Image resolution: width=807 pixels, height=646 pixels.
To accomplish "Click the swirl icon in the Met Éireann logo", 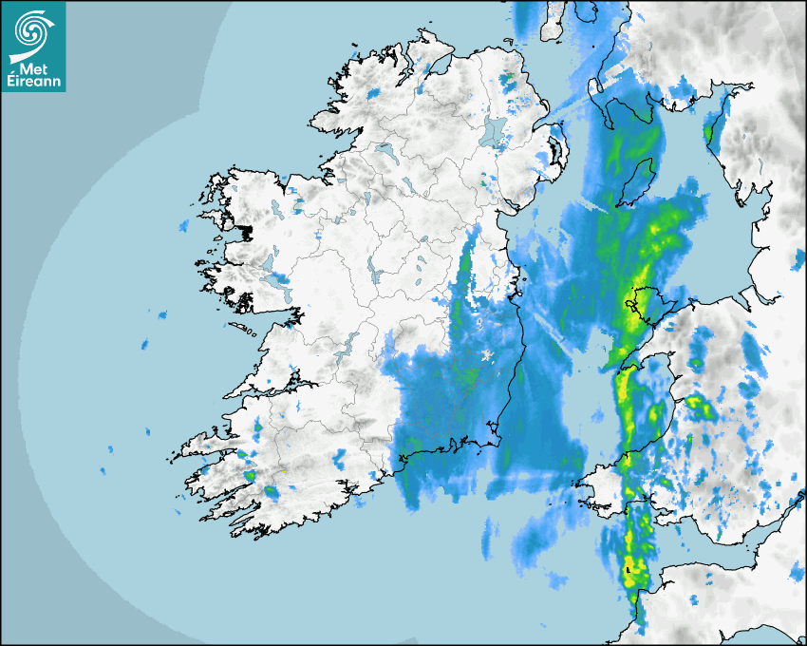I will [x=29, y=30].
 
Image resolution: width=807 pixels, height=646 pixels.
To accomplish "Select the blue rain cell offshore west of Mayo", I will [x=183, y=226].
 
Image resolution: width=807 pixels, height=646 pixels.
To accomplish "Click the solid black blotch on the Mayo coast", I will [x=246, y=231].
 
